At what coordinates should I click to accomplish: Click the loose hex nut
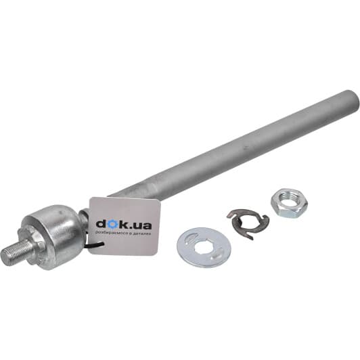click(289, 203)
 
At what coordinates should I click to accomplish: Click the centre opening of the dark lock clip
click(249, 222)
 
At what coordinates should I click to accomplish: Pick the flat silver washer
click(204, 248)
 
